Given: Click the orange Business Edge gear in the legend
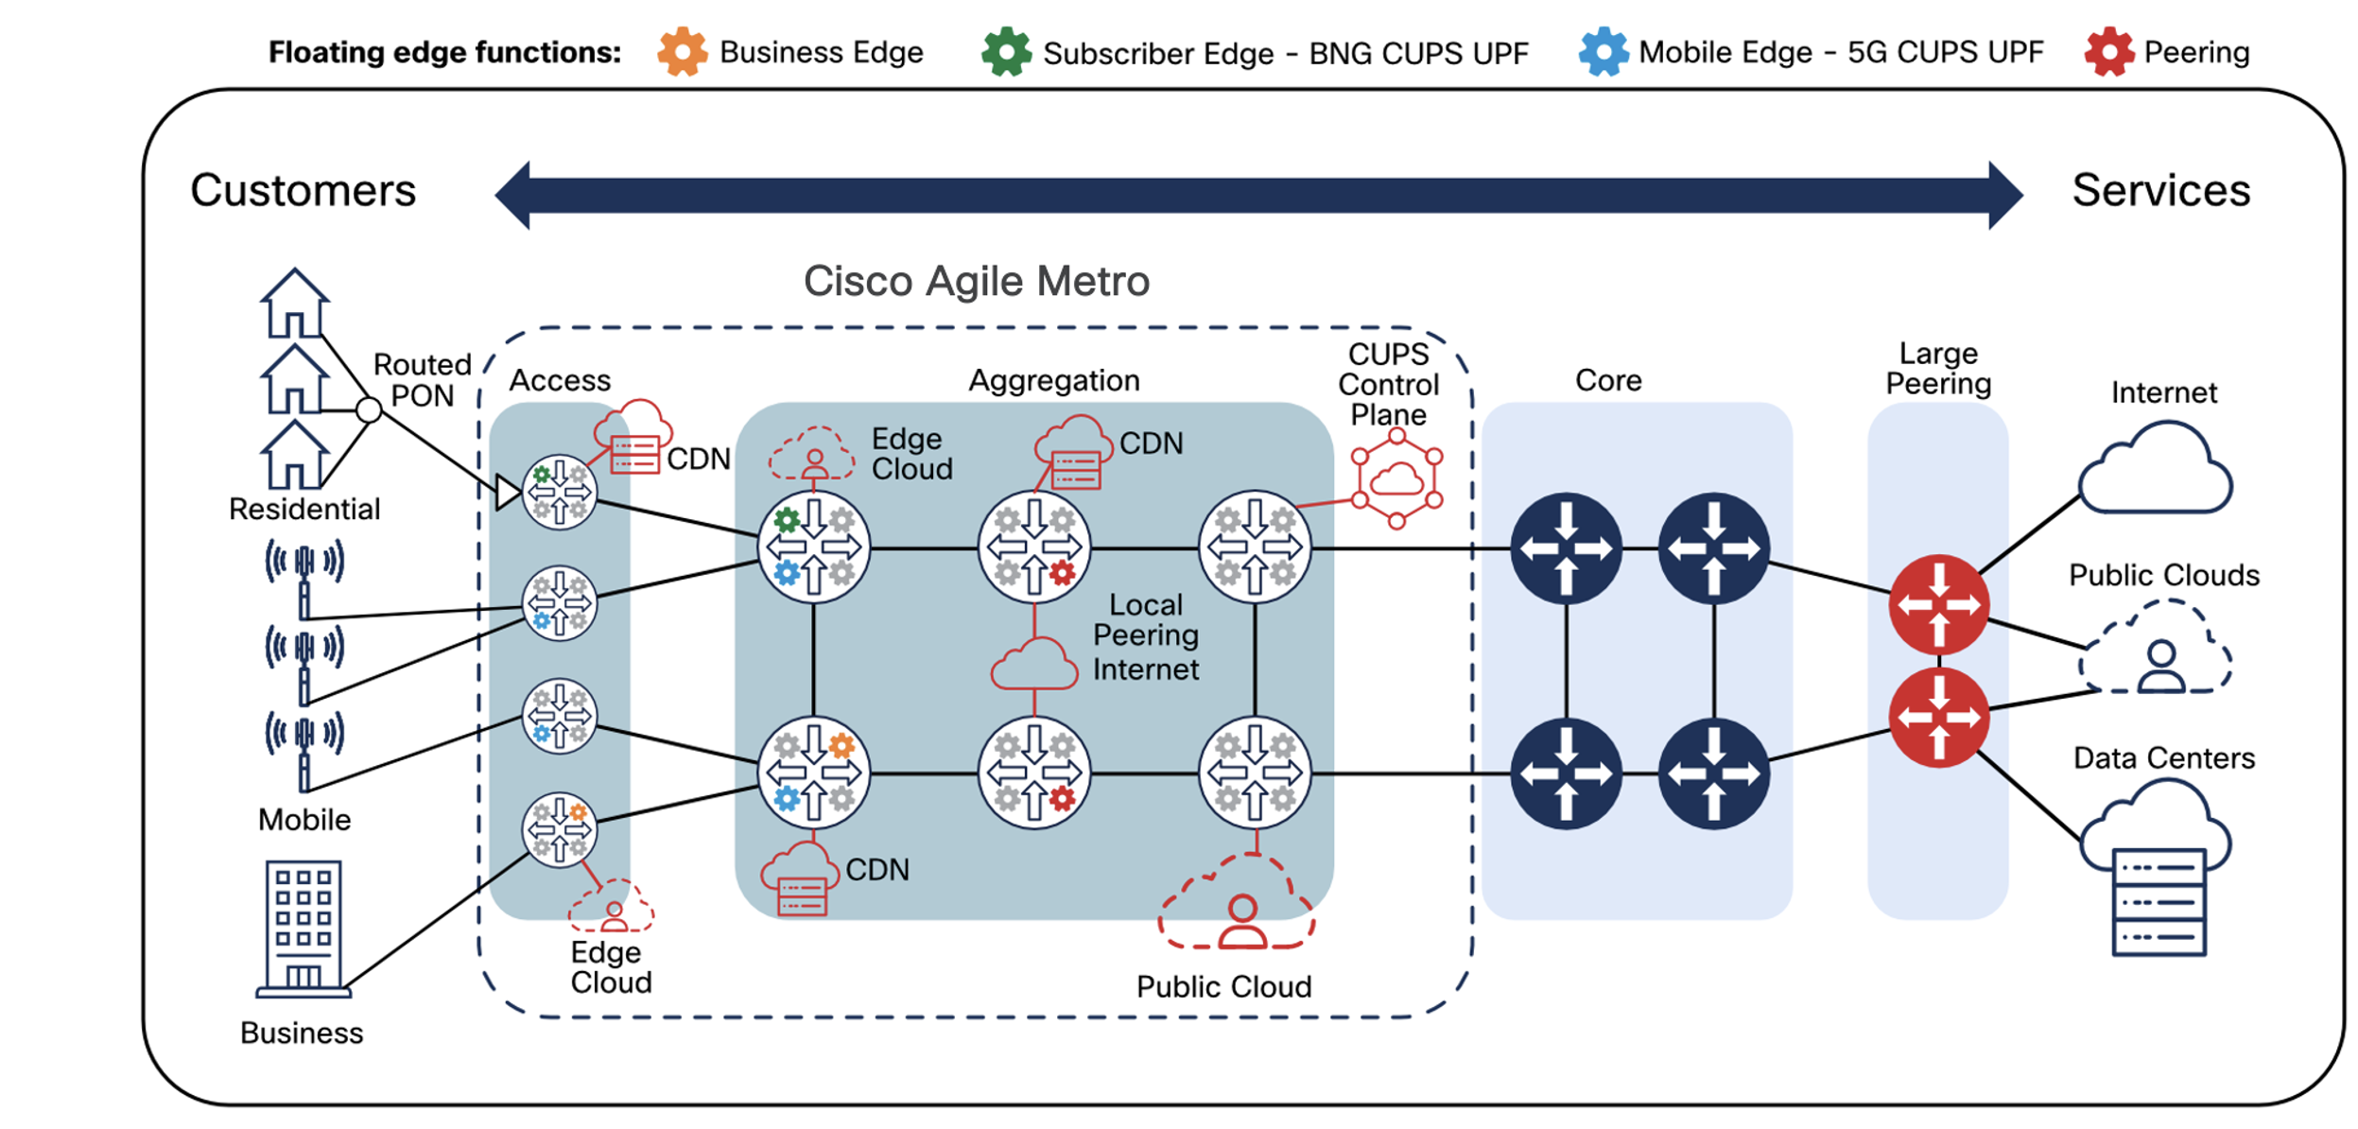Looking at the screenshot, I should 682,51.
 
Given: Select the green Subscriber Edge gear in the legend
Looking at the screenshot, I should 1006,51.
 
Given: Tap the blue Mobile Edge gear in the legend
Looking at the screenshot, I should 1603,51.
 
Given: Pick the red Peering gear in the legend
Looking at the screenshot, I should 2108,51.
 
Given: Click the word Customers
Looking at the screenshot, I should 303,190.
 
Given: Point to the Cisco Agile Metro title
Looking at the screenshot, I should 976,281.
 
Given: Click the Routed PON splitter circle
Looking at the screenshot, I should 369,409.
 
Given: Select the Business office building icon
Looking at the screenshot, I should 303,928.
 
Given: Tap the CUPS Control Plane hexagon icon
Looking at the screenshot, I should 1396,478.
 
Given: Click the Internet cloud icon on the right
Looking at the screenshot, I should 2157,469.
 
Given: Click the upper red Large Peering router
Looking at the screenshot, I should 1938,604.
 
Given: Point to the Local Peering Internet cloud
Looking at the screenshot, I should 1033,664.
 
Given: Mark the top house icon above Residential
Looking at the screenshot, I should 294,303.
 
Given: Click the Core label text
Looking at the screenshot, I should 1607,380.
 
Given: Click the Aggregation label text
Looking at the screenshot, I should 1053,380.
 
